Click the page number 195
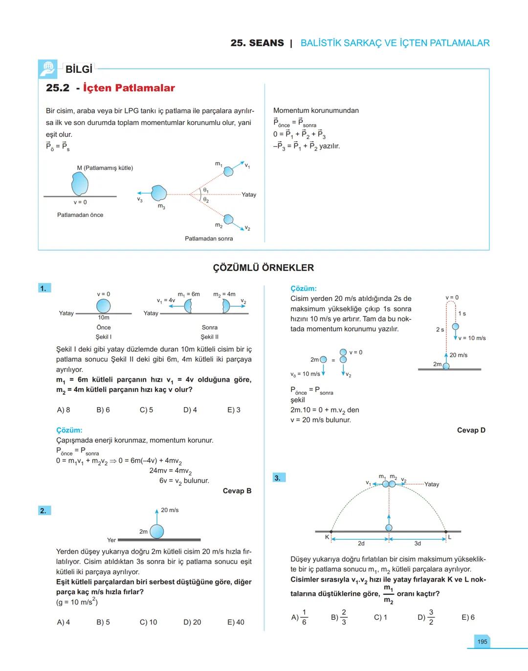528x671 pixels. coord(482,642)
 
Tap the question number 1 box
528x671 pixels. coord(44,288)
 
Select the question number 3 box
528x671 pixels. coord(278,477)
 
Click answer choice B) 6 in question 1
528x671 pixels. coord(103,410)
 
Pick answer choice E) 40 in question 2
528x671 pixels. coord(236,622)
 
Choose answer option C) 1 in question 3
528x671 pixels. coord(380,617)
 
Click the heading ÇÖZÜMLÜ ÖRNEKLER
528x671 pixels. coord(264,268)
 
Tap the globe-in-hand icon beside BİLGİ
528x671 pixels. coord(48,69)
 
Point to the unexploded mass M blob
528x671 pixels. coord(80,184)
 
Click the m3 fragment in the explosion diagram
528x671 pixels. coord(158,194)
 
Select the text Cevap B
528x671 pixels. coord(237,491)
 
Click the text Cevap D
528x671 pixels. coord(471,430)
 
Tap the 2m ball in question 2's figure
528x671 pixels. coord(156,531)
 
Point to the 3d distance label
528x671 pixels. coord(418,543)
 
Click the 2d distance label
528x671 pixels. coord(361,543)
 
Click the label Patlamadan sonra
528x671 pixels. coord(209,238)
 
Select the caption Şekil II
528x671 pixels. coord(209,337)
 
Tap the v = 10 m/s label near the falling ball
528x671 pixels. coord(472,338)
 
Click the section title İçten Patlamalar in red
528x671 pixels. coord(129,88)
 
